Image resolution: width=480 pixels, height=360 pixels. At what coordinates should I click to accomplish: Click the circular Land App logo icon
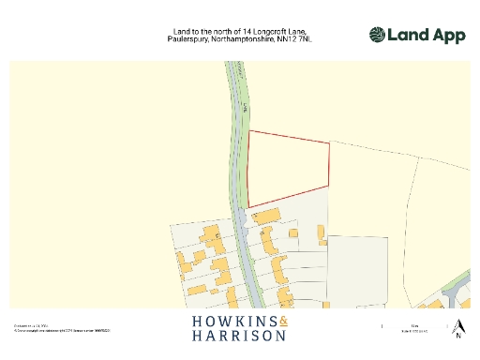click(x=376, y=36)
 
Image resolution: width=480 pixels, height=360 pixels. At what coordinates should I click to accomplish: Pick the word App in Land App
click(x=446, y=36)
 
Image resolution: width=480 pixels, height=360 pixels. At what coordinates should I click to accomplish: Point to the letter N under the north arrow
click(x=458, y=336)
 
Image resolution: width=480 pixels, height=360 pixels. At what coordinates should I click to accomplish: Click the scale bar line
click(x=413, y=325)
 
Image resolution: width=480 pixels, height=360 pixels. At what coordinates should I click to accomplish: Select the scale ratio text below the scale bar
click(x=413, y=332)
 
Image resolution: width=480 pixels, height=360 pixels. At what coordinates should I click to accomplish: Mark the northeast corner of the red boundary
click(x=330, y=142)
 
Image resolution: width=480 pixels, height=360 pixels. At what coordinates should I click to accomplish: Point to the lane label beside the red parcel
click(x=240, y=103)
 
